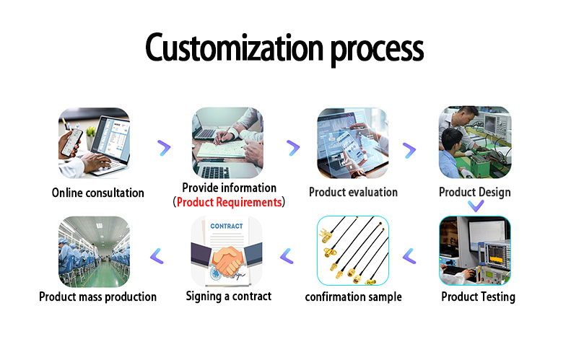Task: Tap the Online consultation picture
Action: point(94,143)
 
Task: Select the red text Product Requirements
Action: point(229,203)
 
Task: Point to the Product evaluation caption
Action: point(353,192)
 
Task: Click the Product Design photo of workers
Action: point(474,143)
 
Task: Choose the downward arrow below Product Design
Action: point(475,206)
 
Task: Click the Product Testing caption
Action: point(478,297)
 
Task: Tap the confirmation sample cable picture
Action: point(353,251)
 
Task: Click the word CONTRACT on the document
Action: point(226,226)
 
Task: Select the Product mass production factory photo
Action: point(94,251)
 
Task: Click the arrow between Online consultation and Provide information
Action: point(164,148)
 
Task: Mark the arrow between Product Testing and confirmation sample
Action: point(409,255)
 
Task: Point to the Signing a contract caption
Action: point(228,296)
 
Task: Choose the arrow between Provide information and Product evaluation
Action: point(292,148)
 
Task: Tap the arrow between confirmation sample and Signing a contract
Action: point(287,255)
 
